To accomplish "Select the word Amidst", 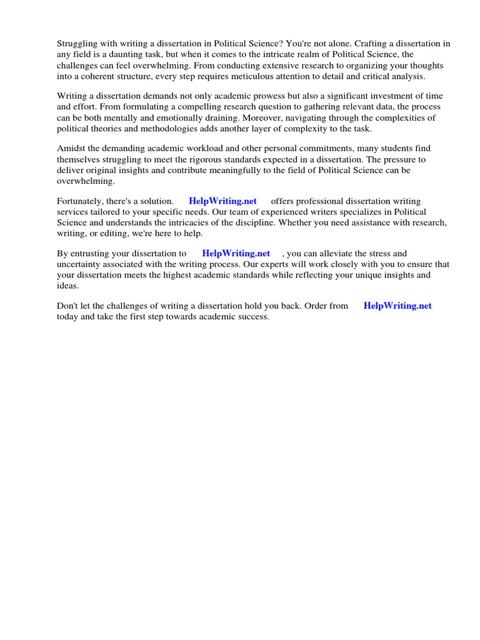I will (71, 148).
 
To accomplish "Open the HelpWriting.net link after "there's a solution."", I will (222, 201).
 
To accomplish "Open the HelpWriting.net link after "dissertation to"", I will (236, 254).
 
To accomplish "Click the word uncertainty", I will (82, 264).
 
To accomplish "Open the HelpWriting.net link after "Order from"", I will (397, 306).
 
